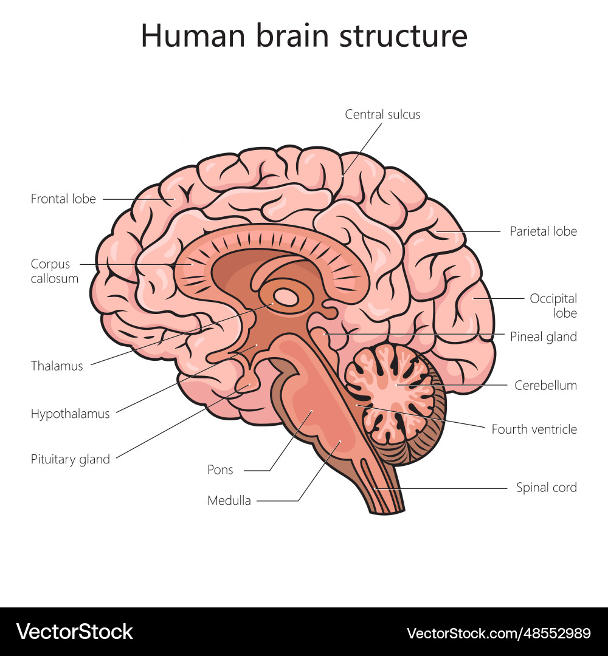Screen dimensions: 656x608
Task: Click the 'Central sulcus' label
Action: click(382, 114)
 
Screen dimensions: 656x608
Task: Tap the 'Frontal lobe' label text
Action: click(63, 199)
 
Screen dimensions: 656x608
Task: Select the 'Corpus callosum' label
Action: click(55, 272)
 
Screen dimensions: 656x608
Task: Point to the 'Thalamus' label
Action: click(57, 366)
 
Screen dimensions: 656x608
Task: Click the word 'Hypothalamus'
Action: click(71, 414)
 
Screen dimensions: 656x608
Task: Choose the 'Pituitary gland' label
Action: click(71, 459)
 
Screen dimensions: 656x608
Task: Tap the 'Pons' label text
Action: click(220, 470)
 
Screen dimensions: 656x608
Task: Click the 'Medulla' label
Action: click(229, 501)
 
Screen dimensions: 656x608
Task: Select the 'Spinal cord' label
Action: click(546, 487)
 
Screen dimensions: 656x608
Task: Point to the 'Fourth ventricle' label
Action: click(534, 429)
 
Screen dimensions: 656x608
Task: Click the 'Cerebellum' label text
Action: click(545, 385)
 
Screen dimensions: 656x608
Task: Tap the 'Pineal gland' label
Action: click(543, 337)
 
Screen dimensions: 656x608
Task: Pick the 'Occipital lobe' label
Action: click(553, 306)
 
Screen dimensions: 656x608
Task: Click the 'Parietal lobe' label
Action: click(543, 231)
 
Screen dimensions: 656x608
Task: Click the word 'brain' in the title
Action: click(285, 36)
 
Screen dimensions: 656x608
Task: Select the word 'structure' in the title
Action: click(403, 36)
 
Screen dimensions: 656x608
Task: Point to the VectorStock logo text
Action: click(75, 632)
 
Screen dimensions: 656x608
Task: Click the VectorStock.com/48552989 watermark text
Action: click(499, 633)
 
